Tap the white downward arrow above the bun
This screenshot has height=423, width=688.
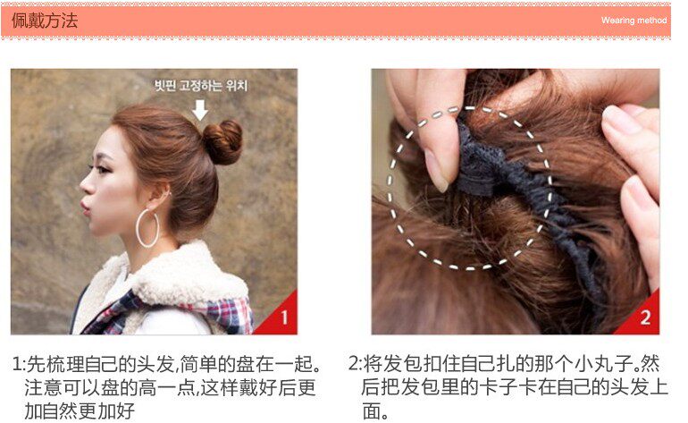tap(200, 109)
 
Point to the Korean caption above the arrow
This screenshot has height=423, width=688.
tap(200, 87)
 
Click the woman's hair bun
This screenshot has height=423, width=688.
tap(222, 140)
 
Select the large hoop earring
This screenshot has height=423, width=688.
tap(147, 229)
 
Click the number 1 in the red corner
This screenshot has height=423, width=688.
tap(283, 317)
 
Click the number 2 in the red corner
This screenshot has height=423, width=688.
tap(645, 317)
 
